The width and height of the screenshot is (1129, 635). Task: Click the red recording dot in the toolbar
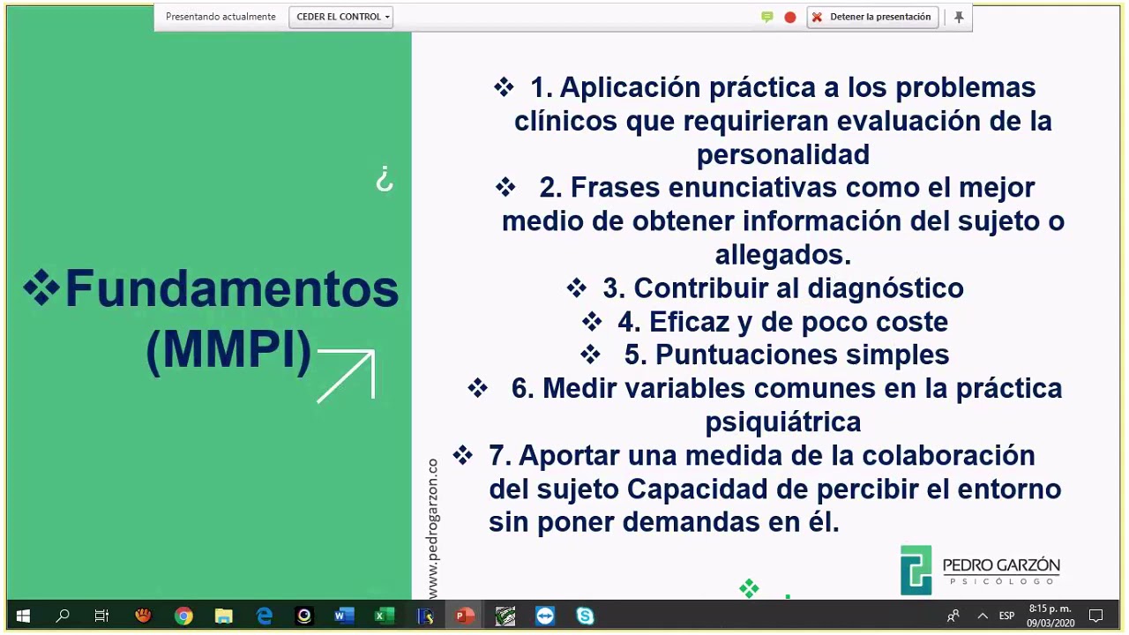pyautogui.click(x=790, y=17)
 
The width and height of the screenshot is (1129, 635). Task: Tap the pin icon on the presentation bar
pyautogui.click(x=959, y=17)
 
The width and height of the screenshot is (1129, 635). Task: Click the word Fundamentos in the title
pyautogui.click(x=232, y=288)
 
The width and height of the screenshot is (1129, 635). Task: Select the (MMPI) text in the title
pyautogui.click(x=228, y=350)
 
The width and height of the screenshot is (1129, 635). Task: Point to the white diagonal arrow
pyautogui.click(x=347, y=376)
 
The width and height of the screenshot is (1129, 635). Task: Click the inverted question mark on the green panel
pyautogui.click(x=384, y=180)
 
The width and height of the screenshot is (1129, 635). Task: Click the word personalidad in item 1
pyautogui.click(x=782, y=154)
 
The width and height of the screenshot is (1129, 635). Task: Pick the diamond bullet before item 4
pyautogui.click(x=592, y=322)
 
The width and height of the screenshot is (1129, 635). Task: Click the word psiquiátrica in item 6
pyautogui.click(x=782, y=422)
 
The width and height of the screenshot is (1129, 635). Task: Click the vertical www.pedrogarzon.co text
pyautogui.click(x=432, y=529)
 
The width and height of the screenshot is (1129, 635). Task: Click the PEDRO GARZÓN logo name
pyautogui.click(x=1001, y=565)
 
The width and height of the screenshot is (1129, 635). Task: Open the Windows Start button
pyautogui.click(x=23, y=616)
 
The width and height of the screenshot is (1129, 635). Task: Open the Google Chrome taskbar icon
pyautogui.click(x=183, y=616)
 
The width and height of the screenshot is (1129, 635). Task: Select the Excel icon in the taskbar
pyautogui.click(x=384, y=616)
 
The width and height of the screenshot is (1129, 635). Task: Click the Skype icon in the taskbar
pyautogui.click(x=585, y=616)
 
